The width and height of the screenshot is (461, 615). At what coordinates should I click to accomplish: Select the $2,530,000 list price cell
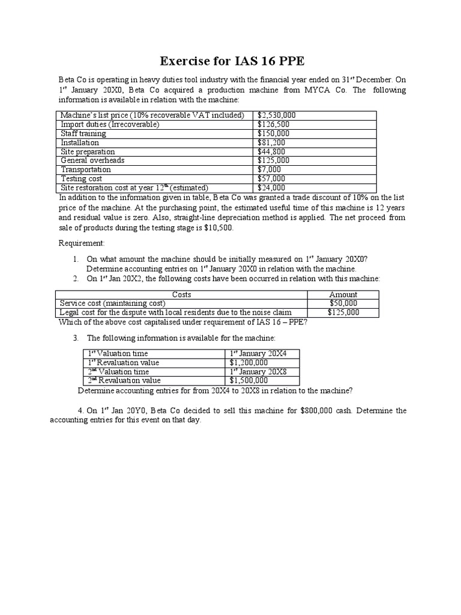(276, 115)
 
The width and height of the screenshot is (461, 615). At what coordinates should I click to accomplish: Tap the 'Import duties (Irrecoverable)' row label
(110, 124)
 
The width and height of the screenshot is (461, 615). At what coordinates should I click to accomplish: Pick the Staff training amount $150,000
(274, 133)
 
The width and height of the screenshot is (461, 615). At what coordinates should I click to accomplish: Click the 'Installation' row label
(80, 142)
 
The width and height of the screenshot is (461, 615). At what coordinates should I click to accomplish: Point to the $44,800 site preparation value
(271, 151)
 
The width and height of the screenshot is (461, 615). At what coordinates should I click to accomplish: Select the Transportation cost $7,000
(270, 169)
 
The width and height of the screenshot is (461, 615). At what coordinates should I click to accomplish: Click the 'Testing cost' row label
(82, 178)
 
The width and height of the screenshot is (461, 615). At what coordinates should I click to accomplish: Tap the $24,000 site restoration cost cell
(271, 187)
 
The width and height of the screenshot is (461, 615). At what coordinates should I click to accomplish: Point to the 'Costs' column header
(181, 294)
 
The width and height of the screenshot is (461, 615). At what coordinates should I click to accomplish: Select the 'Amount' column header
(343, 294)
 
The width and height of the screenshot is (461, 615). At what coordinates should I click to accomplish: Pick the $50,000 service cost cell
(343, 303)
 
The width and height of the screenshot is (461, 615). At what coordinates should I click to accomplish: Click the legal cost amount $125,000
(343, 312)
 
